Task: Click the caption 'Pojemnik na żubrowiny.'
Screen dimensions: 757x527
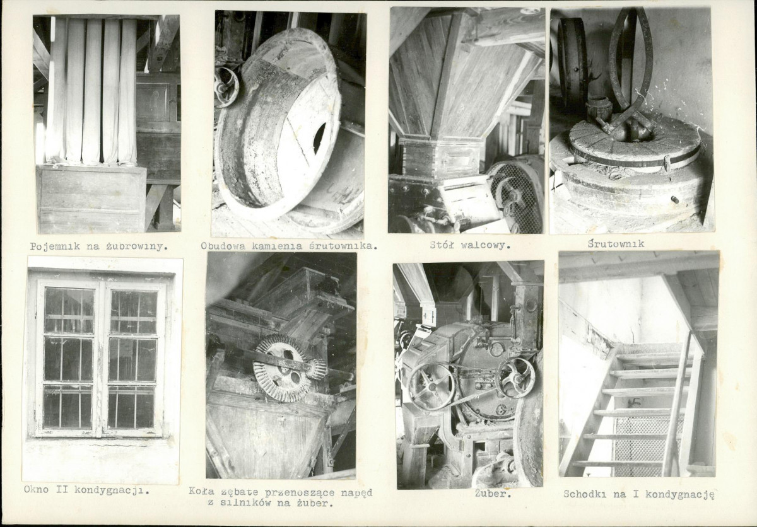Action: (x=98, y=246)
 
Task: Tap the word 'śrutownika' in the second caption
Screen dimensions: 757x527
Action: (x=343, y=246)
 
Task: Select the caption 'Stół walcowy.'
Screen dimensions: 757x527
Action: (x=470, y=245)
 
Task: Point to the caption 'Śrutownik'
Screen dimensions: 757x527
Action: (x=616, y=244)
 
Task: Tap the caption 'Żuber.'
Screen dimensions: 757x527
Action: (x=493, y=494)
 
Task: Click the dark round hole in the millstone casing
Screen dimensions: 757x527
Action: (x=319, y=139)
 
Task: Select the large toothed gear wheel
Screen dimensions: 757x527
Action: (x=281, y=368)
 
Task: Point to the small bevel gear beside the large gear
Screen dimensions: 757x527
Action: (x=317, y=369)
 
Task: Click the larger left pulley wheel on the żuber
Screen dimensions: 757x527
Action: (x=431, y=387)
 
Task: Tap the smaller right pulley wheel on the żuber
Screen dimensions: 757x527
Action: (x=515, y=378)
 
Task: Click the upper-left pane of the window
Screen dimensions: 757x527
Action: (x=69, y=310)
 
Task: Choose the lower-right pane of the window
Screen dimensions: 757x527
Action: (x=131, y=407)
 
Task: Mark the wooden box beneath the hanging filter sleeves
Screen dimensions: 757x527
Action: (x=91, y=199)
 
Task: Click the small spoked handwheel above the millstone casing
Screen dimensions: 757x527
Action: (x=226, y=87)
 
